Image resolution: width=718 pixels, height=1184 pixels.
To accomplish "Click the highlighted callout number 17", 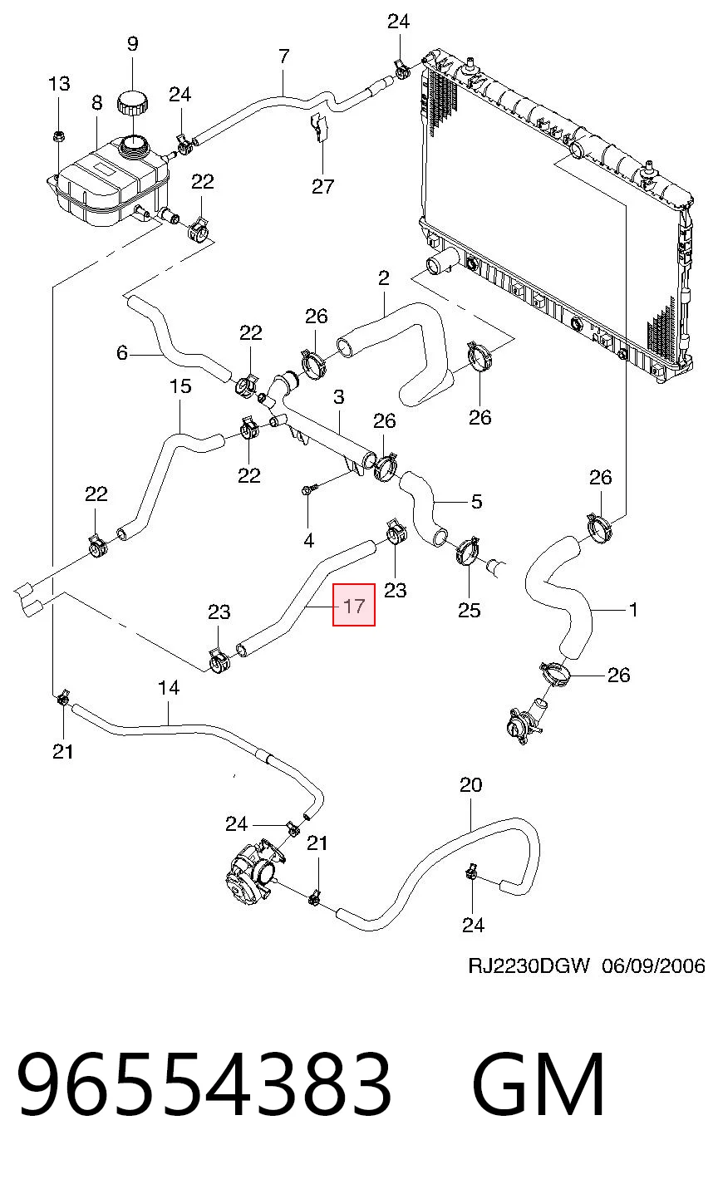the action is pos(354,605).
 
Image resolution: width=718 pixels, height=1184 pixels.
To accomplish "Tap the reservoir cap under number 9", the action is pos(132,102).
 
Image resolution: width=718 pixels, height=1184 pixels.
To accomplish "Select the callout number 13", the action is pos(59,84).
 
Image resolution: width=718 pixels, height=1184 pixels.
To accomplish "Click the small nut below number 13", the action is pos(57,136).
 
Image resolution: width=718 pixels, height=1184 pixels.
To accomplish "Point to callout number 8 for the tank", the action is pos(96,102).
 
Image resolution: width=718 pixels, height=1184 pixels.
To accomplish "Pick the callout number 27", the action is pos(322,186).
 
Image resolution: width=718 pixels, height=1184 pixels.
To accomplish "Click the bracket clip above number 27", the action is pos(320,127).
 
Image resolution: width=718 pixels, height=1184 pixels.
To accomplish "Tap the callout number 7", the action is pos(284,56).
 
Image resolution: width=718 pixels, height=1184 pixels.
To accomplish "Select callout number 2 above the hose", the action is pos(384,278).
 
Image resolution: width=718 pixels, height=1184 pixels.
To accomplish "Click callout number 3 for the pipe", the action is pos(339,397).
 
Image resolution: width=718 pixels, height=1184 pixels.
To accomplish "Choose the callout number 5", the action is pos(476,501).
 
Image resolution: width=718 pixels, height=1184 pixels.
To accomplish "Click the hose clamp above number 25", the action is pos(467,550).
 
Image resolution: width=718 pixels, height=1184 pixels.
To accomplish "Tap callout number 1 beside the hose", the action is pos(633,610).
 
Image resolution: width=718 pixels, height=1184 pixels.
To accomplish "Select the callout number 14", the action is pos(169,688).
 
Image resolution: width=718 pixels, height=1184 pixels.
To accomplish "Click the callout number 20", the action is pos(470,785).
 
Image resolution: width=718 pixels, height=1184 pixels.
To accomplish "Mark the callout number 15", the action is pos(179,386).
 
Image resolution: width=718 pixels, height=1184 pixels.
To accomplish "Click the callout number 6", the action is pos(122,352).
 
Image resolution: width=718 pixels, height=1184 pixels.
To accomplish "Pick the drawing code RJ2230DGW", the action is pos(529,965).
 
